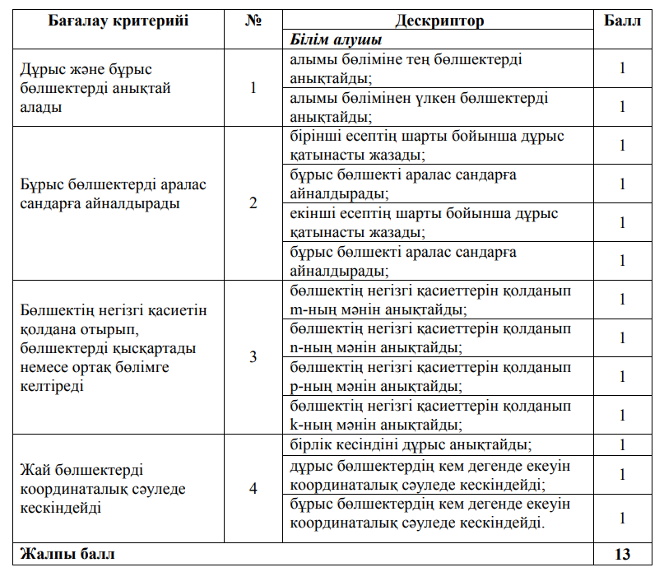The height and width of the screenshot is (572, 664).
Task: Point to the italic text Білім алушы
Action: point(335,40)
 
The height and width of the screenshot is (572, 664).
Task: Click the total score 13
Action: point(622,554)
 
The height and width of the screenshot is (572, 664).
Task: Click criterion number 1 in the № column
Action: point(253,88)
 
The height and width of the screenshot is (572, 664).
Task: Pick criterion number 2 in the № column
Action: point(253,203)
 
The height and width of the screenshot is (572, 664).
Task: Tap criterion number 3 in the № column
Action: point(253,356)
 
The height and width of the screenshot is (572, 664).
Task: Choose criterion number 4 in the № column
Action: point(253,488)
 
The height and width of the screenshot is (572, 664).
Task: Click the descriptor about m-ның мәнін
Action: point(430,300)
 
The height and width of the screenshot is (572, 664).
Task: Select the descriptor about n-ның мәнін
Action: point(430,338)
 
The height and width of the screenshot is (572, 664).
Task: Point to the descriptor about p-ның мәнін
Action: point(430,376)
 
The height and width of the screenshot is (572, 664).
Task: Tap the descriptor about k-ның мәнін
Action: point(430,416)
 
